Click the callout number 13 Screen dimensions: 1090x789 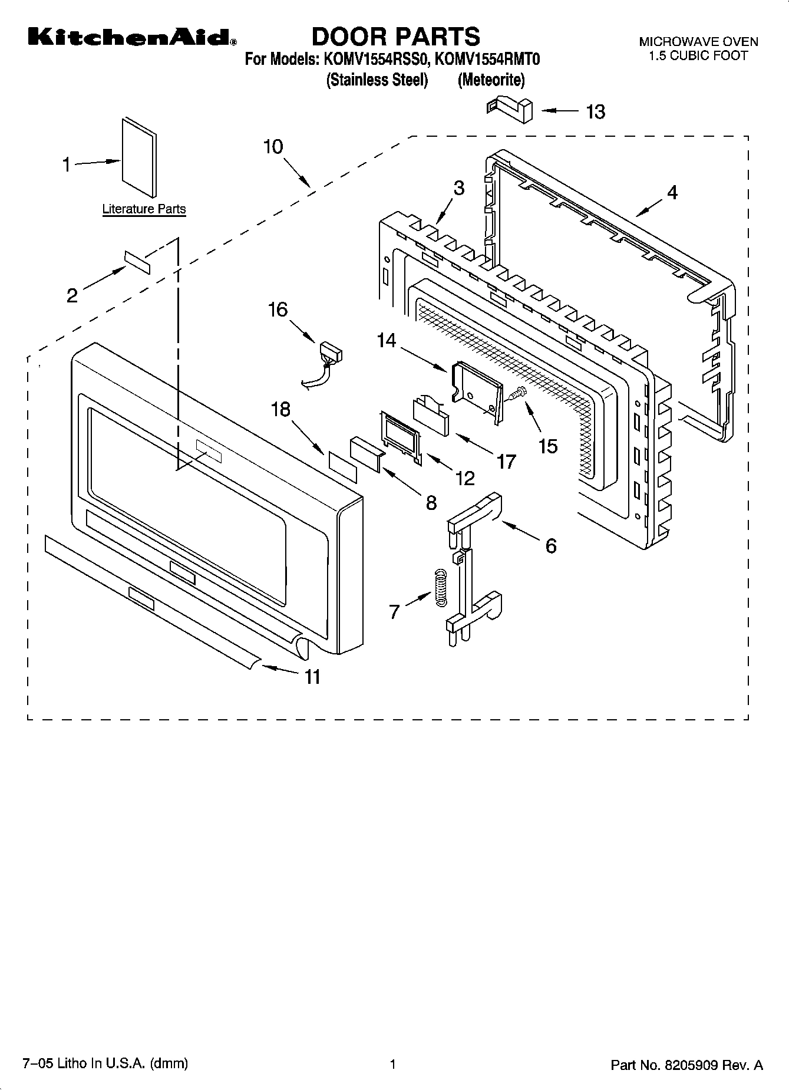tap(595, 111)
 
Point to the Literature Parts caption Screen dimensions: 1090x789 tap(144, 209)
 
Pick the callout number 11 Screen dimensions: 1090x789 tap(312, 677)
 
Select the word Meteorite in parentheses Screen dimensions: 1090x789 tap(491, 80)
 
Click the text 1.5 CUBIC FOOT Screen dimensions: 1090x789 tap(698, 56)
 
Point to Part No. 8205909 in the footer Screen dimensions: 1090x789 tap(686, 1065)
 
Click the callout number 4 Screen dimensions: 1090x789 tap(672, 192)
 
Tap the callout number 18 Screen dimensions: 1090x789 tap(280, 409)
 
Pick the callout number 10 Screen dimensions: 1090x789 tap(273, 146)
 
